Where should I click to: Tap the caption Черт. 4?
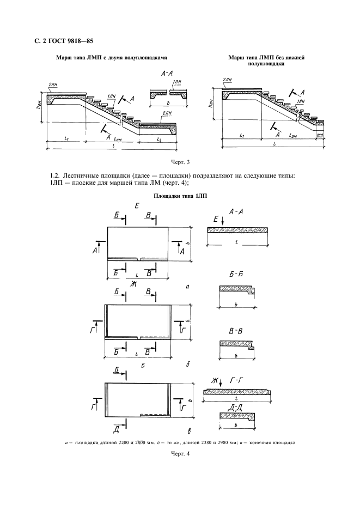click(180, 453)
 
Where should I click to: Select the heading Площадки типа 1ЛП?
click(180, 196)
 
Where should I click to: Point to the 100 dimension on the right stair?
click(320, 135)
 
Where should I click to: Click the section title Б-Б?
click(236, 275)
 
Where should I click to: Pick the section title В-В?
click(236, 331)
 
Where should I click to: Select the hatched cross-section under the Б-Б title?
click(237, 289)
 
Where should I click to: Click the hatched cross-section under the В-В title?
click(237, 345)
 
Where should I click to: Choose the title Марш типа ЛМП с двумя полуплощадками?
click(112, 58)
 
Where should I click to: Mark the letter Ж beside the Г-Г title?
click(214, 380)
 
